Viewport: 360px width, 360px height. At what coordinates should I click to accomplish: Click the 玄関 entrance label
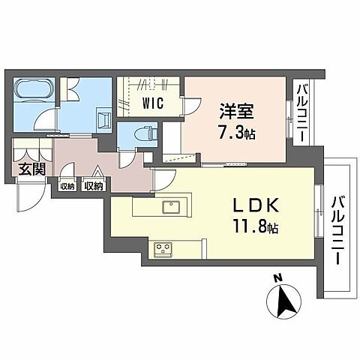[30, 169]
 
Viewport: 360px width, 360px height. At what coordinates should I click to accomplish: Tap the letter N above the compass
[277, 279]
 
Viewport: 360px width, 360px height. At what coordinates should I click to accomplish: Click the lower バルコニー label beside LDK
[337, 228]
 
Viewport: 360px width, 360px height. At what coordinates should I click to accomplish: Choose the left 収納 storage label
[67, 185]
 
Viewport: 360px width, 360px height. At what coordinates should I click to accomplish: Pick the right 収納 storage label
[93, 185]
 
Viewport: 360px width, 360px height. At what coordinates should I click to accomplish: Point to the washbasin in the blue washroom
[103, 121]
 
